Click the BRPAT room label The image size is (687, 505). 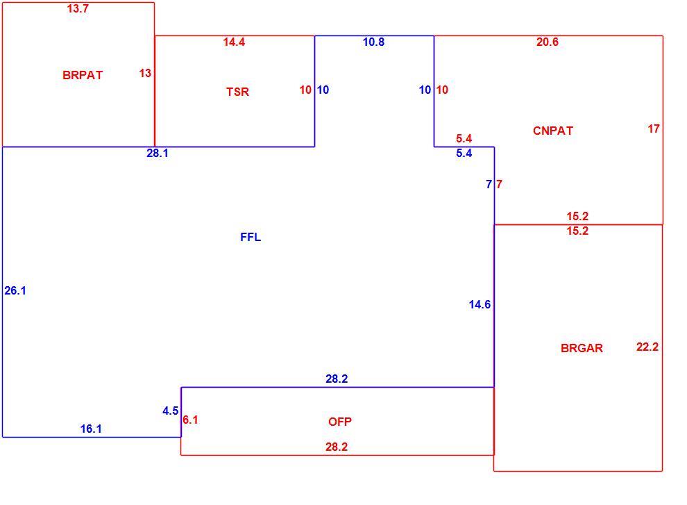pyautogui.click(x=83, y=75)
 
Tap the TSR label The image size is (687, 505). pyautogui.click(x=237, y=92)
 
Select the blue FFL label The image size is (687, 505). pyautogui.click(x=251, y=237)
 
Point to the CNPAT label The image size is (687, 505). pyautogui.click(x=553, y=131)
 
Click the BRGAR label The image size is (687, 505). pyautogui.click(x=582, y=348)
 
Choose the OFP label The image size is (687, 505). pyautogui.click(x=340, y=422)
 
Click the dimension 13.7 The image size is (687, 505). pyautogui.click(x=78, y=8)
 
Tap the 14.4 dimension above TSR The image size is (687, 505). pyautogui.click(x=234, y=42)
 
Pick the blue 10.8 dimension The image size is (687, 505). pyautogui.click(x=374, y=42)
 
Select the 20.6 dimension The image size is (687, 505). pyautogui.click(x=548, y=42)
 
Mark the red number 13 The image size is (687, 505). pyautogui.click(x=146, y=73)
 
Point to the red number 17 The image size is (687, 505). pyautogui.click(x=654, y=129)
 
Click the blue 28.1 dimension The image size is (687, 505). pyautogui.click(x=158, y=153)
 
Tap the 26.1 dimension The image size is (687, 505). pyautogui.click(x=15, y=290)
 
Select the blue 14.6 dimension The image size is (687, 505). pyautogui.click(x=480, y=304)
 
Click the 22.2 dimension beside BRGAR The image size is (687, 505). pyautogui.click(x=647, y=347)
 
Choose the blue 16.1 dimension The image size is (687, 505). pyautogui.click(x=91, y=429)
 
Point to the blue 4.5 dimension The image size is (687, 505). pyautogui.click(x=171, y=411)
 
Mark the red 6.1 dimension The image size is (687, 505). pyautogui.click(x=190, y=420)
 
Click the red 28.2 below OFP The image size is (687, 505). pyautogui.click(x=337, y=447)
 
